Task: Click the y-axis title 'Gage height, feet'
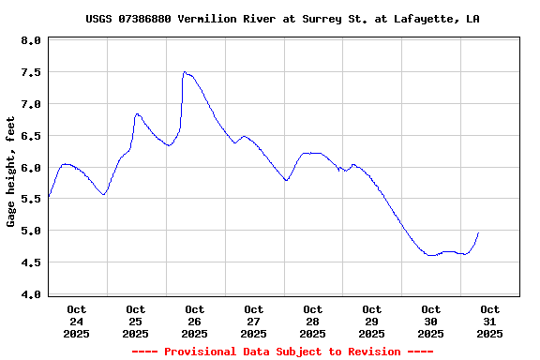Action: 11,172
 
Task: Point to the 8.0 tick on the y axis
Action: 31,41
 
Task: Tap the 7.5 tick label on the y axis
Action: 31,73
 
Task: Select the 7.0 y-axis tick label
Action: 31,104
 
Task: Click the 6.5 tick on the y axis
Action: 31,136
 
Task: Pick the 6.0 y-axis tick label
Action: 31,168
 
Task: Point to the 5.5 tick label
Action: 31,200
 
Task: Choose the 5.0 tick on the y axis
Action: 31,231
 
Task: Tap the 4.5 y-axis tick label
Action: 31,262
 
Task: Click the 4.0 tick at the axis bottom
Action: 31,294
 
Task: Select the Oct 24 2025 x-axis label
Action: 77,321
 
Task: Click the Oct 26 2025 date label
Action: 195,321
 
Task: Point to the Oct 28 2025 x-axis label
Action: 313,321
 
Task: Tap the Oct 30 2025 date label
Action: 431,321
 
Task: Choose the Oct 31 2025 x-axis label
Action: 490,321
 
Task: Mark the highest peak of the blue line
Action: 185,72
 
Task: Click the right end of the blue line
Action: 478,232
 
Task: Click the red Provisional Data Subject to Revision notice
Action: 282,352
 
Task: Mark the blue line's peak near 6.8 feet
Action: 137,114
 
